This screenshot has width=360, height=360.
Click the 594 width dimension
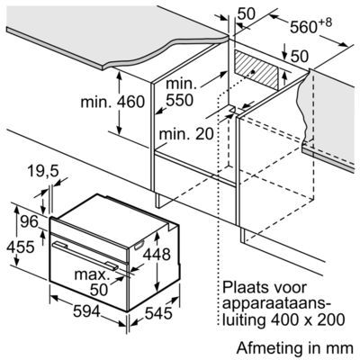point(86,311)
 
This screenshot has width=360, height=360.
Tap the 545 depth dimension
point(158,313)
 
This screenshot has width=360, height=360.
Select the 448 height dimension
point(157,255)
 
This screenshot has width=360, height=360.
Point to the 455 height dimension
point(21,247)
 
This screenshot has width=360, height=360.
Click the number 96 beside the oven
point(29,221)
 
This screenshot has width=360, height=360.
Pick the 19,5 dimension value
point(42,172)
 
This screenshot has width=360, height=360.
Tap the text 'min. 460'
point(112,102)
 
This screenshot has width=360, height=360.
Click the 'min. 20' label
point(186,134)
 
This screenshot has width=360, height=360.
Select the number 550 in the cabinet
point(179,100)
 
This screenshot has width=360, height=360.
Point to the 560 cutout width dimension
point(303,28)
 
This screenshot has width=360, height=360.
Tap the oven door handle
point(85,255)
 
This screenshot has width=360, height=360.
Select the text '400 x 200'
point(307,319)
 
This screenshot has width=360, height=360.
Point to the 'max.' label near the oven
point(91,274)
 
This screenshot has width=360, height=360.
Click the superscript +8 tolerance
point(325,22)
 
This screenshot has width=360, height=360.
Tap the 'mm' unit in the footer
point(340,349)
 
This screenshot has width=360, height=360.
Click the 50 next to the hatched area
point(300,56)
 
